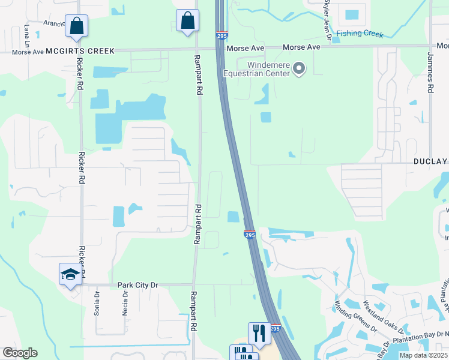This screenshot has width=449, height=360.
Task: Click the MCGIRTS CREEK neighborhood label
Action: [x=80, y=51]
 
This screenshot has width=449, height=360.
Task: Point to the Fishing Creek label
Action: [x=360, y=34]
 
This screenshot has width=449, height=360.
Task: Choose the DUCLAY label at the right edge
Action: [x=430, y=161]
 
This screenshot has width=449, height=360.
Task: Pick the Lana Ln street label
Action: [x=26, y=35]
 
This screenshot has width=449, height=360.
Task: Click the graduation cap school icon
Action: [x=70, y=274]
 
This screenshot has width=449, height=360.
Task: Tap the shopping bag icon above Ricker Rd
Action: [x=77, y=25]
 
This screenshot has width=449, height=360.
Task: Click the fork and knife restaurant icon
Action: [x=259, y=332]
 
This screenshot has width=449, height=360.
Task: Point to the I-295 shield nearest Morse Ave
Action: [x=221, y=36]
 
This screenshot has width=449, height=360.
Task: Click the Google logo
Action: [x=20, y=353]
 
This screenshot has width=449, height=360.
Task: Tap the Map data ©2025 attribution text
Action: [x=423, y=355]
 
